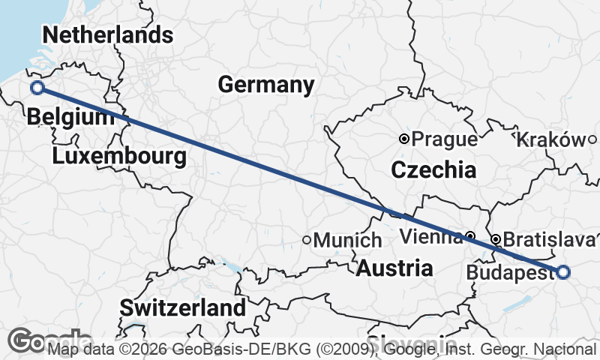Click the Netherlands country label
[x=108, y=35]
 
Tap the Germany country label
[x=266, y=85]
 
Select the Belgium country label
[x=64, y=118]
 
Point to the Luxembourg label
[x=119, y=157]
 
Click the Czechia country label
[x=433, y=170]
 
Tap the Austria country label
[x=394, y=268]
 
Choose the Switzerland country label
[x=182, y=307]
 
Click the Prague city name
[x=445, y=139]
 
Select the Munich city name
[x=348, y=241]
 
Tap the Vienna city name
[x=430, y=238]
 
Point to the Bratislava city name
[x=548, y=240]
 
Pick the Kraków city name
[x=550, y=139]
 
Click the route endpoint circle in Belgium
[x=37, y=88]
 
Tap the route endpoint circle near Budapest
[x=563, y=272]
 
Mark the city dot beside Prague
[x=404, y=139]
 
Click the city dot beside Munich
[x=307, y=240]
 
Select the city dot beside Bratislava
[x=496, y=239]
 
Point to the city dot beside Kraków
[x=592, y=139]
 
